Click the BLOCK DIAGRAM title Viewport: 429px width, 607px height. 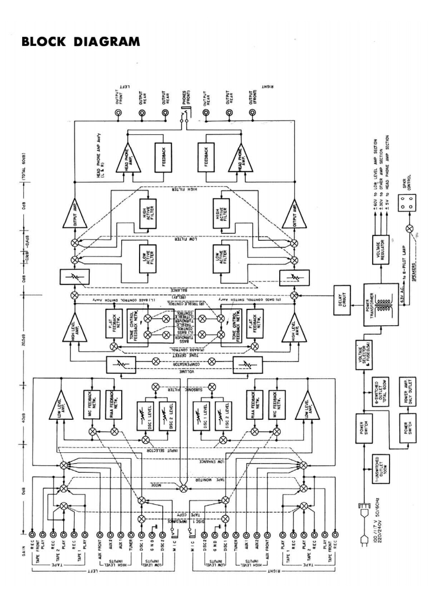point(80,41)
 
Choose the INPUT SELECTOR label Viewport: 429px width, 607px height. point(183,439)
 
